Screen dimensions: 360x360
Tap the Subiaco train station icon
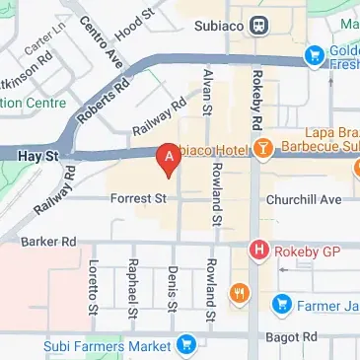click(257, 25)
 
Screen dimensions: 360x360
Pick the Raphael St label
click(132, 286)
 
